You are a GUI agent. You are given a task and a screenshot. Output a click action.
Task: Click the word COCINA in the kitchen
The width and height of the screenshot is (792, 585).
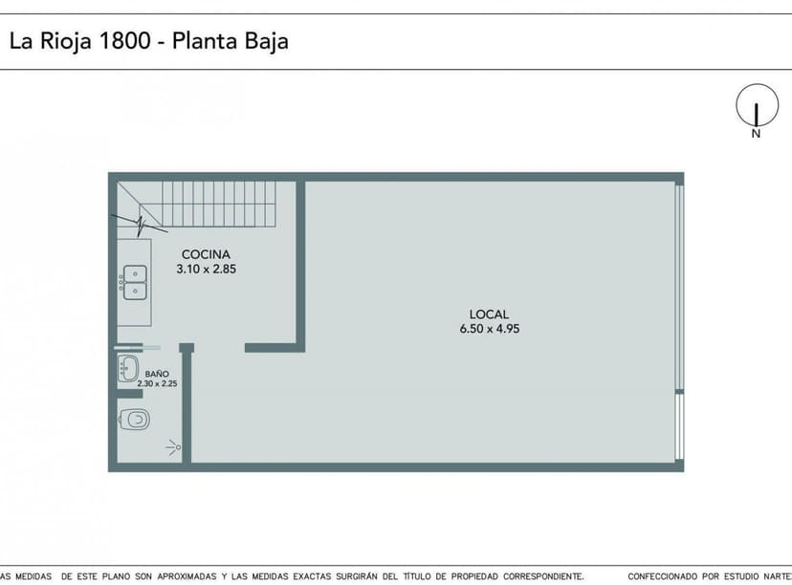(x=206, y=254)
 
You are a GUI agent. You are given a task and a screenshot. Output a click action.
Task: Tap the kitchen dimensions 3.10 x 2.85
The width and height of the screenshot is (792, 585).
(x=206, y=270)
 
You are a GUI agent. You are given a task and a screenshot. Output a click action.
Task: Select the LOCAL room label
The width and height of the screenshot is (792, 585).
(x=489, y=314)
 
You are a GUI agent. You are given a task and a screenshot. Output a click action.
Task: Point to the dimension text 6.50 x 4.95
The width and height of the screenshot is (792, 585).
(x=489, y=329)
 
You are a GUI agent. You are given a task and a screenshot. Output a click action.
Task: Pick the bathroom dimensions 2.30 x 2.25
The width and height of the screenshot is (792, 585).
(x=157, y=383)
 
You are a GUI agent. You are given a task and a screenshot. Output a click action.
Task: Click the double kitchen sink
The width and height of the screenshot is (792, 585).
(x=135, y=281)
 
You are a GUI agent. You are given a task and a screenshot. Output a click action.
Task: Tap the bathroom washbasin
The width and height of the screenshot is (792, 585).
(x=128, y=369)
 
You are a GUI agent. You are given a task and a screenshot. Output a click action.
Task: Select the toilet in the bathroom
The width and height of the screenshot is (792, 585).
(x=135, y=419)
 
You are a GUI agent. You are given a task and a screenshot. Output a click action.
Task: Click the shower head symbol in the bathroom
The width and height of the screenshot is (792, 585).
(x=172, y=446)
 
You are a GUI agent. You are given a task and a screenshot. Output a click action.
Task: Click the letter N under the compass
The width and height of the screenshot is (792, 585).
(x=756, y=135)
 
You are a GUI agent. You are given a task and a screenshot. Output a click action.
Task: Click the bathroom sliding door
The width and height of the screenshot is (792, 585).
(x=138, y=347)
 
